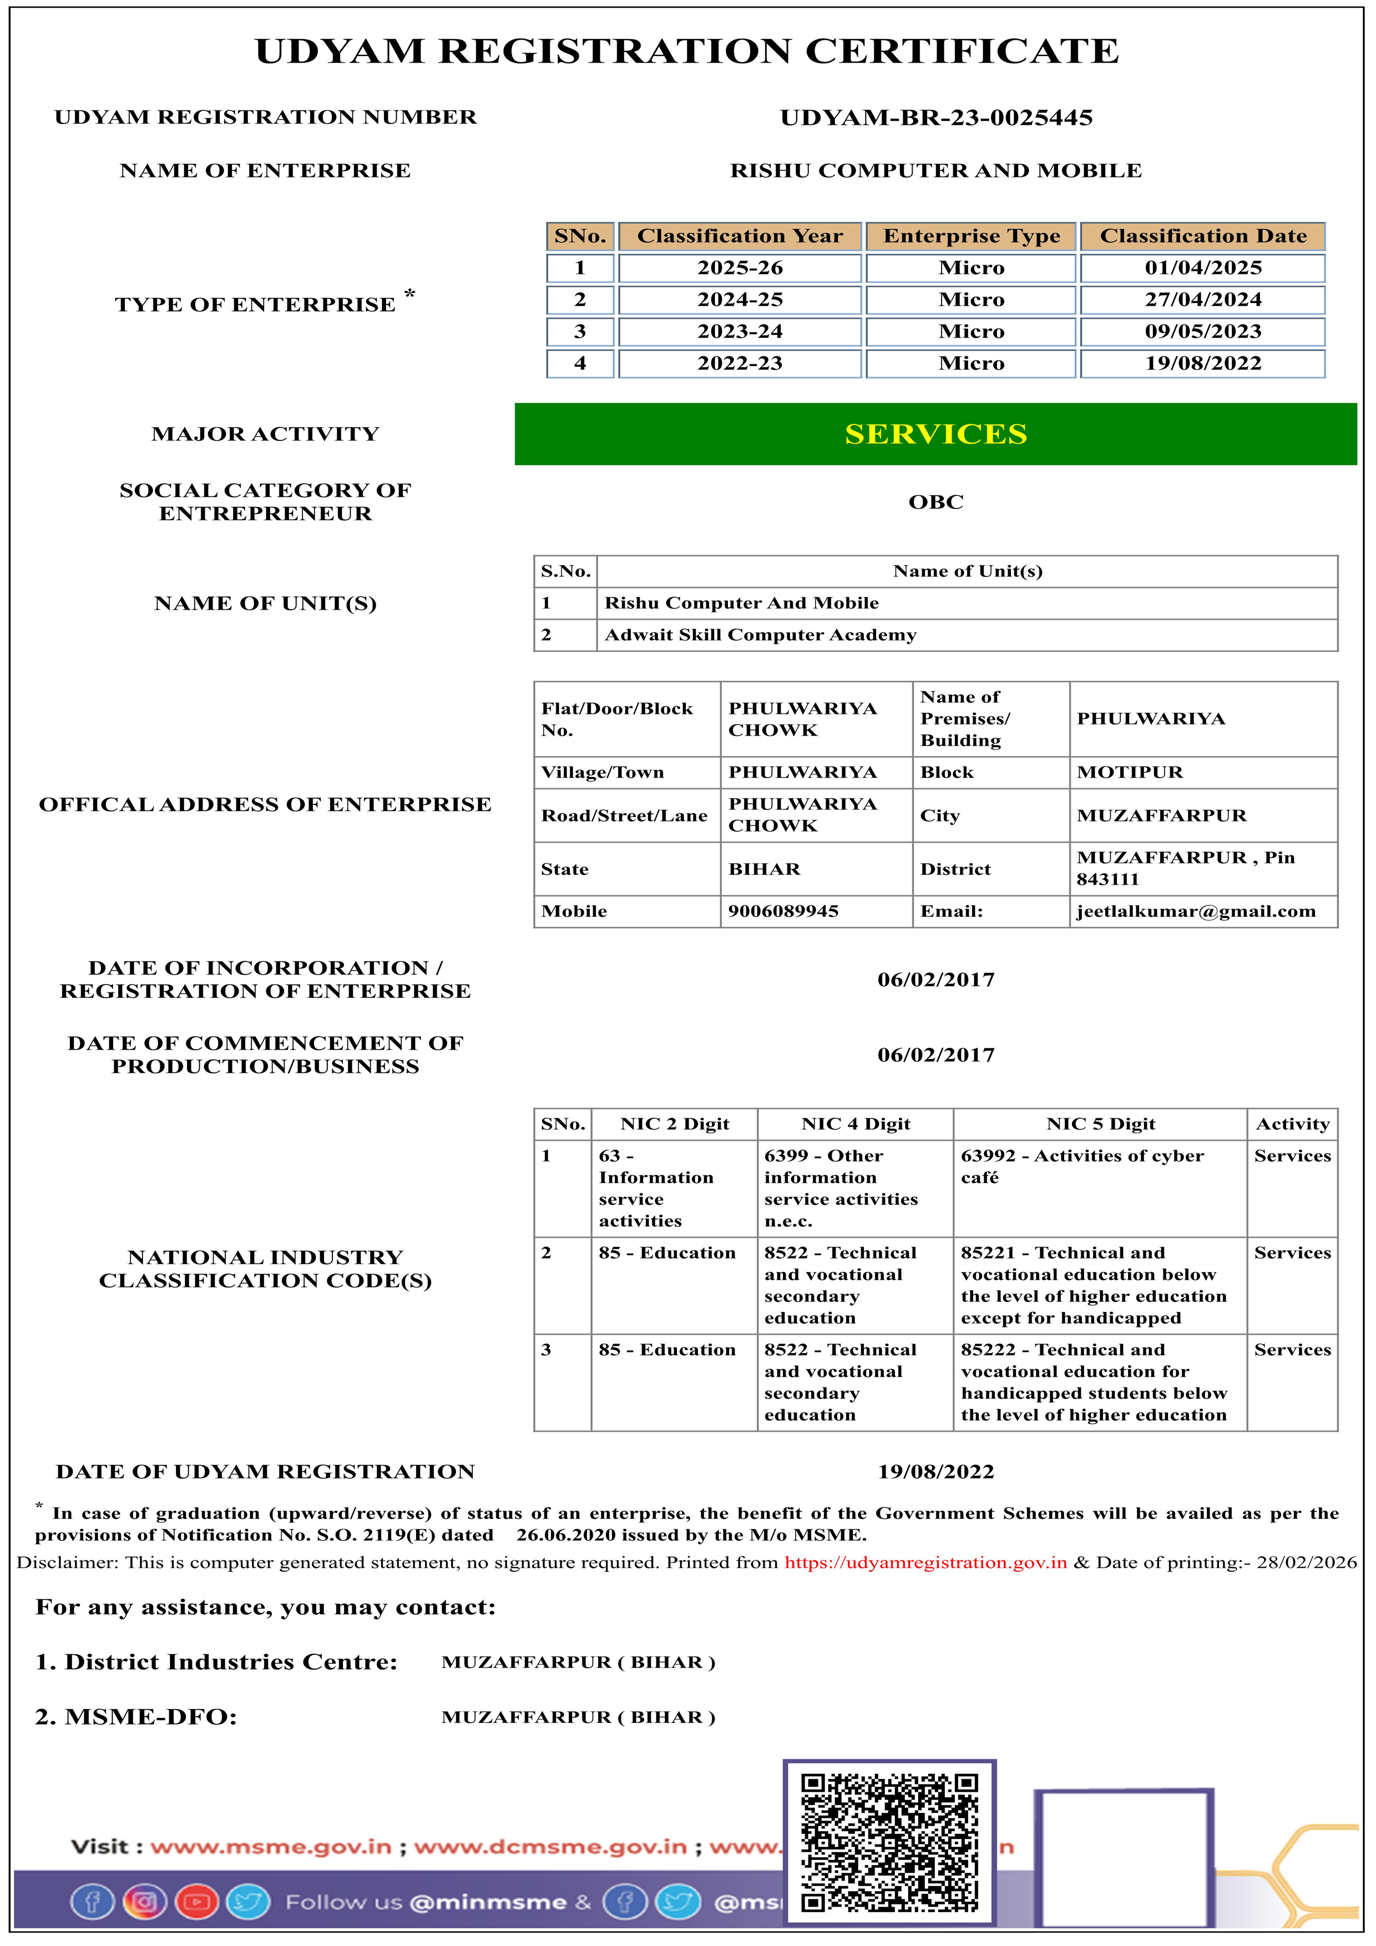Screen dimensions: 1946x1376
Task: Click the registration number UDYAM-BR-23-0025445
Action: pyautogui.click(x=936, y=118)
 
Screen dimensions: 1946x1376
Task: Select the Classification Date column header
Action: pyautogui.click(x=1202, y=236)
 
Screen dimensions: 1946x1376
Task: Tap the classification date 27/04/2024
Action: pyautogui.click(x=1202, y=300)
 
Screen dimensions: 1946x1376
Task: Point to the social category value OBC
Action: pyautogui.click(x=936, y=502)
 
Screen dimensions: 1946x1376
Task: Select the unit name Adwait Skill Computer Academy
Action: pyautogui.click(x=761, y=635)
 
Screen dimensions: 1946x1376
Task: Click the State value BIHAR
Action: pyautogui.click(x=764, y=869)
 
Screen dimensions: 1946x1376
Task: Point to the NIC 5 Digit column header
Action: pyautogui.click(x=1100, y=1124)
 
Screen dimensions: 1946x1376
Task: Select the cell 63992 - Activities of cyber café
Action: pyautogui.click(x=1082, y=1166)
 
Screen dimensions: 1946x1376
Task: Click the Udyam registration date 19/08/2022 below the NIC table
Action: pyautogui.click(x=936, y=1472)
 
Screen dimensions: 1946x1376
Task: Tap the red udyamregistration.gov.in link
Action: pyautogui.click(x=925, y=1563)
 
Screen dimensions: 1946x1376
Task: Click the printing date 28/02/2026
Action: pyautogui.click(x=1307, y=1563)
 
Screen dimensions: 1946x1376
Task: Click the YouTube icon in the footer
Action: pyautogui.click(x=197, y=1903)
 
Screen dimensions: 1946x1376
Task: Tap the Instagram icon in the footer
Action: pyautogui.click(x=145, y=1903)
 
